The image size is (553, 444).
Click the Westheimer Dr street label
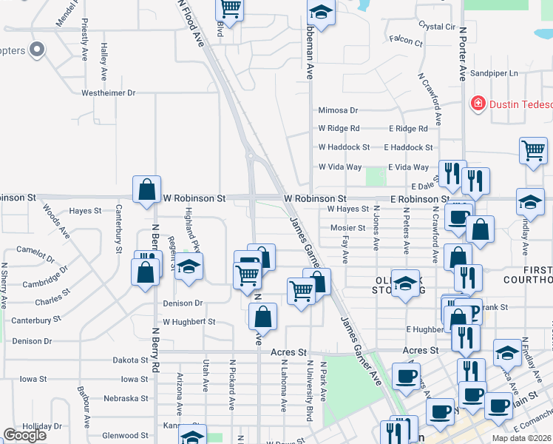(108, 93)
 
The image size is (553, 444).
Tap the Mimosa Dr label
(338, 110)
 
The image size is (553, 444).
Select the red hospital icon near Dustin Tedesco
(479, 104)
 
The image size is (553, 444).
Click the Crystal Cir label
(436, 26)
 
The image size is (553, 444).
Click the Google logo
(25, 435)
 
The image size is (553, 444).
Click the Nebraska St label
(126, 398)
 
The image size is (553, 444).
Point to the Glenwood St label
(125, 436)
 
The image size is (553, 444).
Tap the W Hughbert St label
(189, 322)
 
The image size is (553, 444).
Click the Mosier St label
(347, 228)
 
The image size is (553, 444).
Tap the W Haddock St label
(344, 148)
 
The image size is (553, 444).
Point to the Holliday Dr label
(42, 427)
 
